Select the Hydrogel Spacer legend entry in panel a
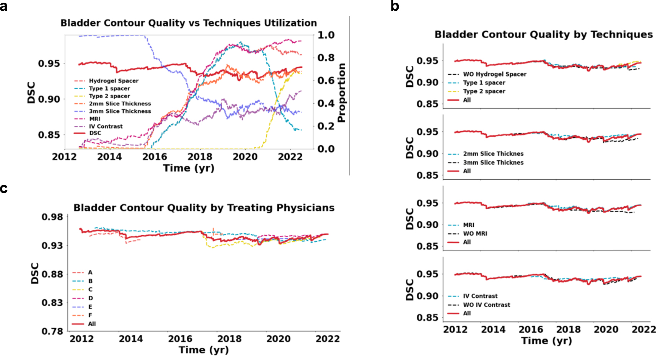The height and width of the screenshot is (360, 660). coord(114,81)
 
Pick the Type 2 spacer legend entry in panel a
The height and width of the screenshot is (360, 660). coord(109,96)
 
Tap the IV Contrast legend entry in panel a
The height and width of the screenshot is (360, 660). coord(106,126)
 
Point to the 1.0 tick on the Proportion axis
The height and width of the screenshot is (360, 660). coord(326,35)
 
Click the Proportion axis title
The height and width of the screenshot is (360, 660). coord(341,93)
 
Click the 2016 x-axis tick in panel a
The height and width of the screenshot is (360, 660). coord(155,156)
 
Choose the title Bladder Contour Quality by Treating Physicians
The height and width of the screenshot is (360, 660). coord(204,208)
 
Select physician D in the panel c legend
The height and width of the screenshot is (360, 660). coord(90,298)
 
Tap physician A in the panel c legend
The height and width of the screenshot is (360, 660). coord(90,272)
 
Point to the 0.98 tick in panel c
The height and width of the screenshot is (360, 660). coord(52,217)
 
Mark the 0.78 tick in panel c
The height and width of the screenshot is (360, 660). coord(52,331)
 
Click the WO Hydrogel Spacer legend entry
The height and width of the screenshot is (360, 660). coord(494,74)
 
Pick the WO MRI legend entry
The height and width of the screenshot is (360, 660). coord(475,233)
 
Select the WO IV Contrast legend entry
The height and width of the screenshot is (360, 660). coord(486,305)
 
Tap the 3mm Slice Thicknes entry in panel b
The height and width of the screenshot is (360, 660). coord(493,163)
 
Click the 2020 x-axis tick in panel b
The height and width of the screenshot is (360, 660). coord(606,329)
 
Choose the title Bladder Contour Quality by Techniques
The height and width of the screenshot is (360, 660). coord(543,34)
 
